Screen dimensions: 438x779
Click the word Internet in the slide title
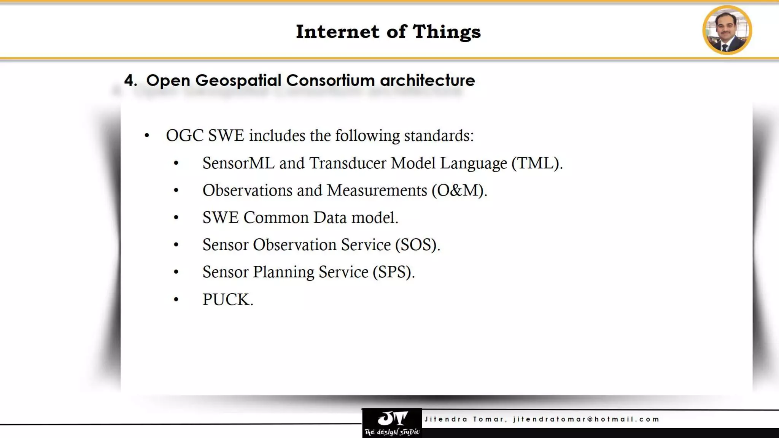(x=337, y=32)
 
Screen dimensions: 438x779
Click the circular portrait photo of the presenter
(x=727, y=30)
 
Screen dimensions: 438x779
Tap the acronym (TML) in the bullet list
(x=536, y=163)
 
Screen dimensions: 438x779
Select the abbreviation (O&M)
(x=459, y=190)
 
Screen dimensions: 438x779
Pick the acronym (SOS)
(x=417, y=245)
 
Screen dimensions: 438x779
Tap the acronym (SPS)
(x=393, y=272)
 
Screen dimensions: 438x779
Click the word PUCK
(x=227, y=300)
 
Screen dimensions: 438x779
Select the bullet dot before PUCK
(x=176, y=300)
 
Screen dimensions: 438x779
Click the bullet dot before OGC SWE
(x=147, y=136)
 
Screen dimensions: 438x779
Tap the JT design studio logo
(x=392, y=423)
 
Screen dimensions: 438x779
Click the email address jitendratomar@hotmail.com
(x=586, y=419)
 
